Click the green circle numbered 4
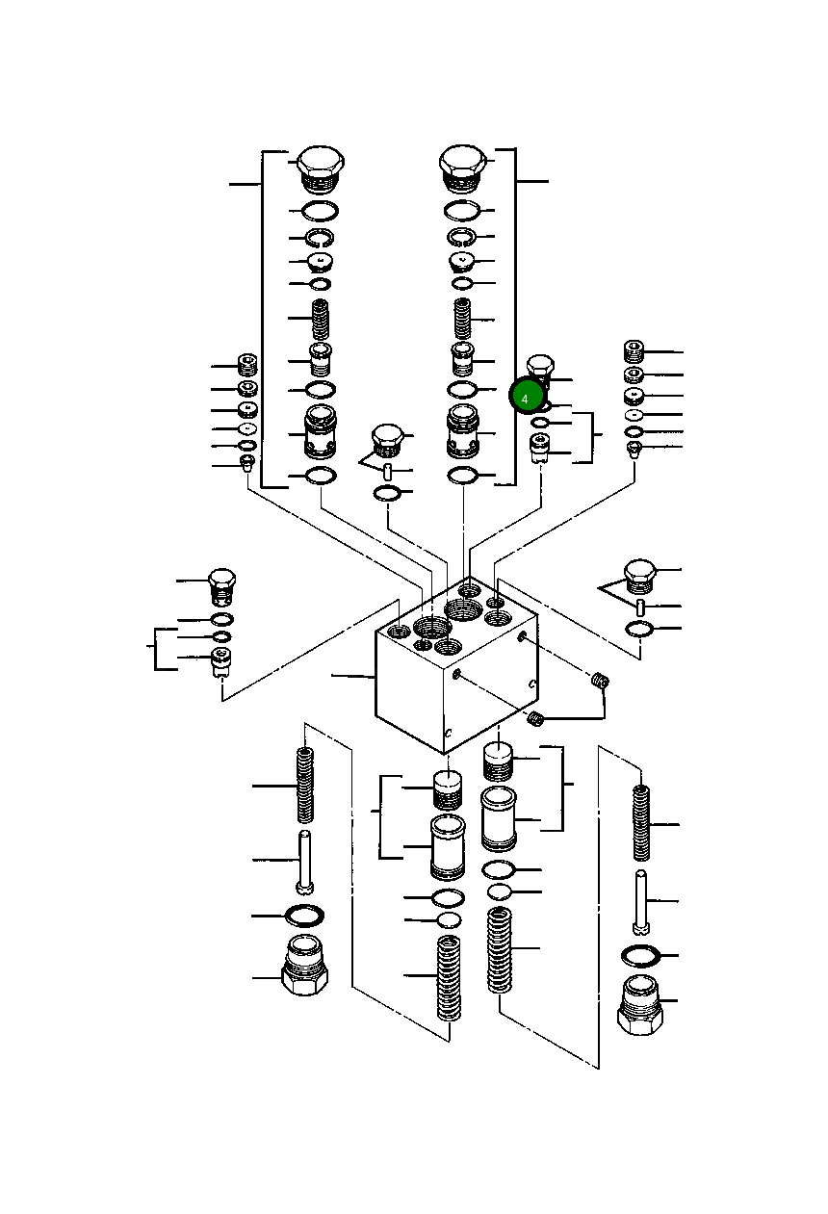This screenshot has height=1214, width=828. (x=527, y=396)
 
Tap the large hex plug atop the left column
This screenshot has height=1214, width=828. (x=321, y=168)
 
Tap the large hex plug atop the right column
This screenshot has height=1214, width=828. (x=461, y=168)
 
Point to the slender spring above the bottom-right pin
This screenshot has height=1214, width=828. (x=641, y=822)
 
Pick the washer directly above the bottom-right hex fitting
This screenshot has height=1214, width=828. (x=640, y=955)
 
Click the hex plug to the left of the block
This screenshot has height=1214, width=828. (x=222, y=585)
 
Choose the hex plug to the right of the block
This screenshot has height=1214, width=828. (x=640, y=576)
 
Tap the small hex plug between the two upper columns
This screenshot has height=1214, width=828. (x=387, y=440)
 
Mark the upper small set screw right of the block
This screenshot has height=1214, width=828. (x=600, y=682)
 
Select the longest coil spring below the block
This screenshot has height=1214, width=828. (x=500, y=949)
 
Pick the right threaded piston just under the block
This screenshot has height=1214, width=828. (x=498, y=762)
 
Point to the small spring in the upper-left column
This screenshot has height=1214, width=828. (x=321, y=318)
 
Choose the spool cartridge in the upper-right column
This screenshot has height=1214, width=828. (x=462, y=431)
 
